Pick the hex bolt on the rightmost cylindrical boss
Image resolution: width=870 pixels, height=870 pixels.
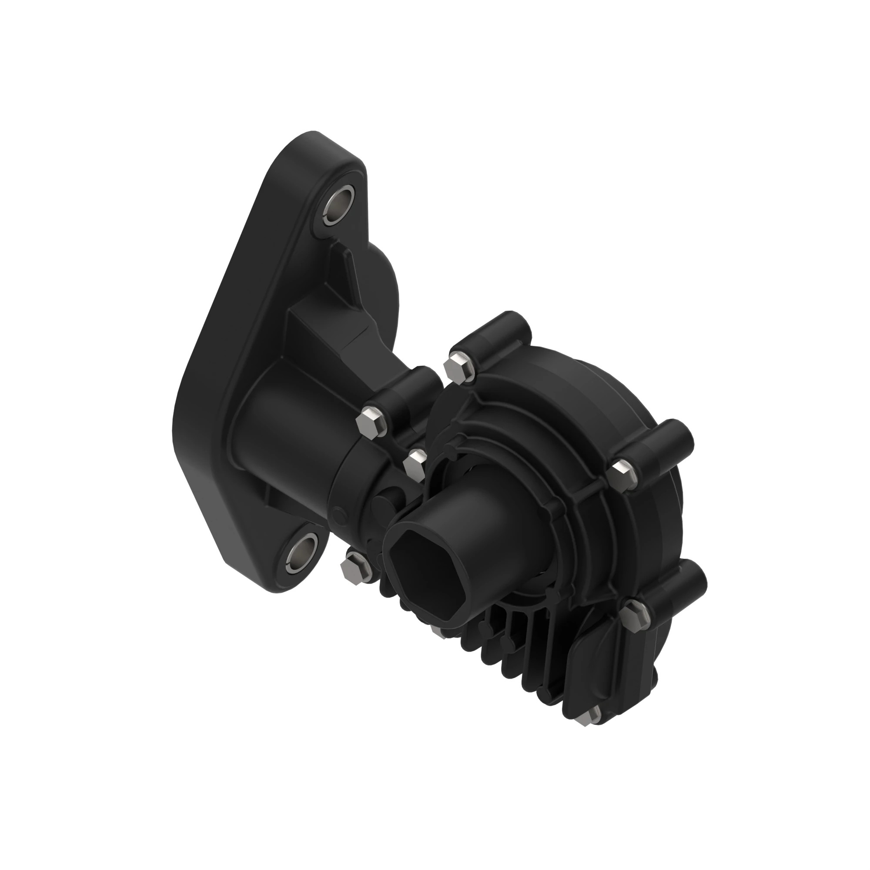[x=622, y=473]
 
